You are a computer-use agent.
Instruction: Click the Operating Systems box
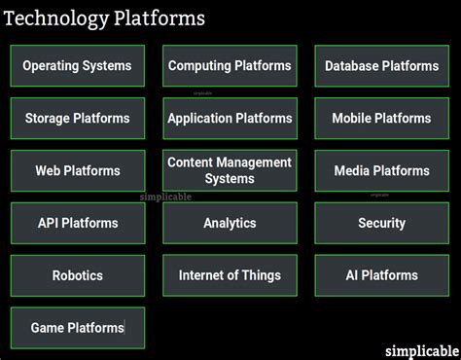point(77,66)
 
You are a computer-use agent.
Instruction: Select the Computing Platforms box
point(230,66)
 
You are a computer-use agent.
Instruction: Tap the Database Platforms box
point(381,66)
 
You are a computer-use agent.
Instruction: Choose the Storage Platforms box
point(77,119)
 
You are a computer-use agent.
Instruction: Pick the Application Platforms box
point(230,119)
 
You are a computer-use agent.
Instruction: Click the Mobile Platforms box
point(381,119)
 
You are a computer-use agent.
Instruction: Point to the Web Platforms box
point(77,171)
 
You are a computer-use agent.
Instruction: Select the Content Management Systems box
point(230,171)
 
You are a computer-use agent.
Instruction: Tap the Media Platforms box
point(381,171)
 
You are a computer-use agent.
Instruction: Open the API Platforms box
point(77,223)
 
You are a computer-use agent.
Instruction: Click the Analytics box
point(230,223)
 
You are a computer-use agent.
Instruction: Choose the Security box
point(381,223)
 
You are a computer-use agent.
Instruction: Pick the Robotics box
point(77,275)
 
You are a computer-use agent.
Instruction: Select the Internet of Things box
point(230,275)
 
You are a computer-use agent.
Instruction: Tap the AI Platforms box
point(381,275)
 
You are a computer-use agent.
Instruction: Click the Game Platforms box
point(77,328)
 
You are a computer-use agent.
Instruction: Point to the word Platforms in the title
point(160,18)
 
